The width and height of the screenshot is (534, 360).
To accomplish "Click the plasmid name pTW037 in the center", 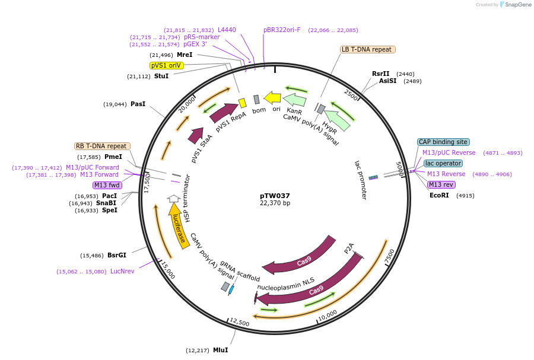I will (275, 195).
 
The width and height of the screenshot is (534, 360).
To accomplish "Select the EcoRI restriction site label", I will (440, 195).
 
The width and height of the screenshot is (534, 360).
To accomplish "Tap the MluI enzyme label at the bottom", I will (221, 350).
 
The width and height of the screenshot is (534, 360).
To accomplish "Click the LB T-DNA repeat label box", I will (367, 50).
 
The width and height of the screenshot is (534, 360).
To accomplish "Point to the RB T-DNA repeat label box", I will (102, 146).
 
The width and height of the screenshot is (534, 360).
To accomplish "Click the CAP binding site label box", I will (443, 142).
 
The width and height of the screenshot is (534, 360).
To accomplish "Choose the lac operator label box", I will (443, 163).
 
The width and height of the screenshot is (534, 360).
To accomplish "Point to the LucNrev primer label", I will (123, 272).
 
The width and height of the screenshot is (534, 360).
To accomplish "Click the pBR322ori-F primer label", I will (282, 30).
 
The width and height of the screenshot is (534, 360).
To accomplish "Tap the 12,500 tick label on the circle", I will (239, 322).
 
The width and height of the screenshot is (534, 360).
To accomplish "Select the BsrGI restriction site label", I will (117, 255).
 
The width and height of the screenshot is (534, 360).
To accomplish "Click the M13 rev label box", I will (441, 184).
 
